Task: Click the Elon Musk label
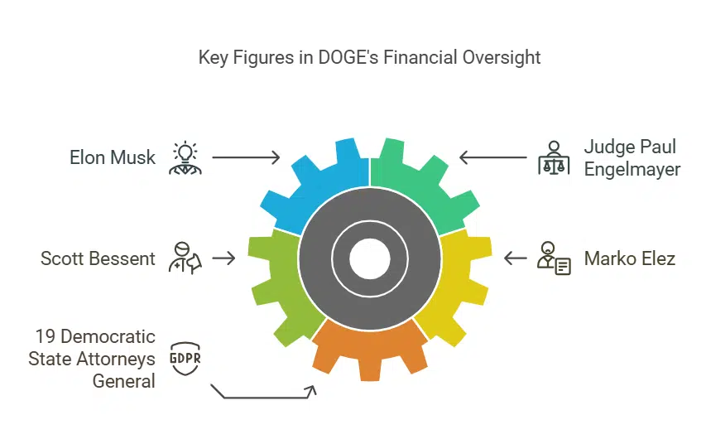pyautogui.click(x=113, y=157)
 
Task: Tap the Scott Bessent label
pyautogui.click(x=98, y=258)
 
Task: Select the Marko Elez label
pyautogui.click(x=629, y=258)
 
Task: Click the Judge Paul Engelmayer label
pyautogui.click(x=632, y=157)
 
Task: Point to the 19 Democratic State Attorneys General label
pyautogui.click(x=92, y=359)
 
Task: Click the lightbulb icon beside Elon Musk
pyautogui.click(x=185, y=157)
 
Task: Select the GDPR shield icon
pyautogui.click(x=185, y=360)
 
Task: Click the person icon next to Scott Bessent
pyautogui.click(x=184, y=258)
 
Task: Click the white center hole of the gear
pyautogui.click(x=369, y=258)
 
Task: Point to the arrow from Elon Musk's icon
pyautogui.click(x=247, y=156)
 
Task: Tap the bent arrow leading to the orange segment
pyautogui.click(x=265, y=393)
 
